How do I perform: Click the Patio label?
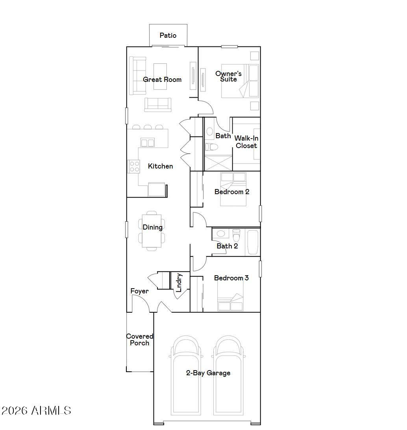click(x=168, y=35)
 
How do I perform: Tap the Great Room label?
click(x=162, y=80)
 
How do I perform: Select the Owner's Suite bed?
click(x=240, y=81)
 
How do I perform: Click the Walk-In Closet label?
click(x=246, y=142)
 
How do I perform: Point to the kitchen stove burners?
click(x=134, y=167)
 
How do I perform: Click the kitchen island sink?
click(x=148, y=143)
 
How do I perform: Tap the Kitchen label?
click(x=160, y=166)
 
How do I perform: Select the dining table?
click(x=152, y=231)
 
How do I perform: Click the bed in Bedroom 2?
click(x=233, y=189)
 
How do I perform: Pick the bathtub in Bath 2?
click(x=253, y=242)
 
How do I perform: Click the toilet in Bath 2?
click(x=236, y=235)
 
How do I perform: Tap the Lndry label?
click(x=179, y=282)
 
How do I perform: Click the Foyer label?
click(x=139, y=291)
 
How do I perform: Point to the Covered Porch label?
click(x=139, y=339)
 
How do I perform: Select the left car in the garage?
click(x=186, y=375)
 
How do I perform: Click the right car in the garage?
click(x=228, y=375)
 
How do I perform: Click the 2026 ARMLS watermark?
click(x=36, y=411)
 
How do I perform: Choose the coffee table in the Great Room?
click(x=160, y=76)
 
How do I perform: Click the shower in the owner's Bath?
click(x=218, y=163)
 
